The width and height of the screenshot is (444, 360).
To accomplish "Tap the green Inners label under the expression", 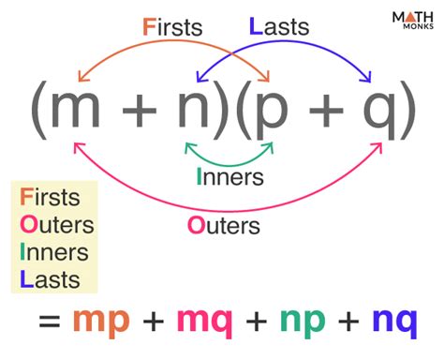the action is click(x=230, y=177).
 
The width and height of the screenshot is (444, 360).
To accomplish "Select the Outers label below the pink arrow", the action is click(x=224, y=225).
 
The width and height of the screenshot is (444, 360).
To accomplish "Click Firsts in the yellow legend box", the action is click(x=53, y=200).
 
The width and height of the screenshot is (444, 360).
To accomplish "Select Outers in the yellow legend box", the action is click(x=57, y=225).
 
